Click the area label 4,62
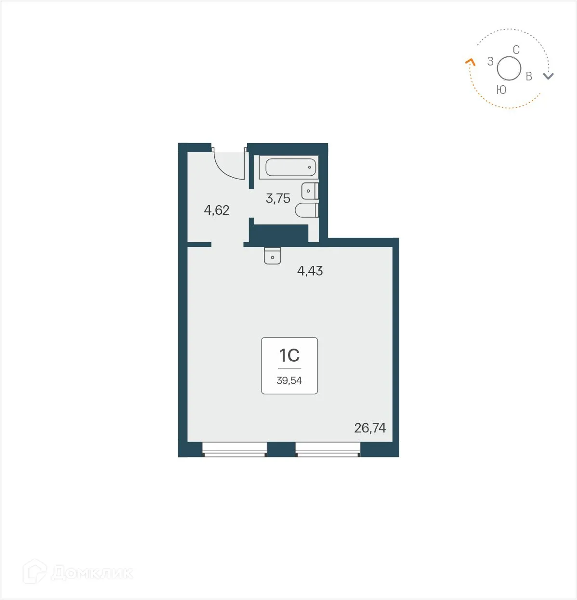point(217,210)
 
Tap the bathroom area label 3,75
point(278,198)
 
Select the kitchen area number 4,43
point(310,271)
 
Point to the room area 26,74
point(370,428)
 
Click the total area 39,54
point(289,380)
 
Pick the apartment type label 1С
point(289,356)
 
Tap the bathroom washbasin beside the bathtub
point(309,191)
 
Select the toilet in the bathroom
point(306,210)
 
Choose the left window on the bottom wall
point(234,449)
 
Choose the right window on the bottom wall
point(328,449)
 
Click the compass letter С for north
point(516,50)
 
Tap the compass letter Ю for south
point(501,90)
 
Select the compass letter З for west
point(490,62)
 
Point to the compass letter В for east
point(529,77)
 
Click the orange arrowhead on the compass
point(470,62)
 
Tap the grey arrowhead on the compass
point(549,76)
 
